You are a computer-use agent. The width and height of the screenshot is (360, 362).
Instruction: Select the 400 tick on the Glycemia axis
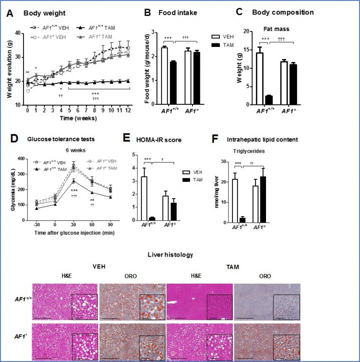[20, 158]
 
